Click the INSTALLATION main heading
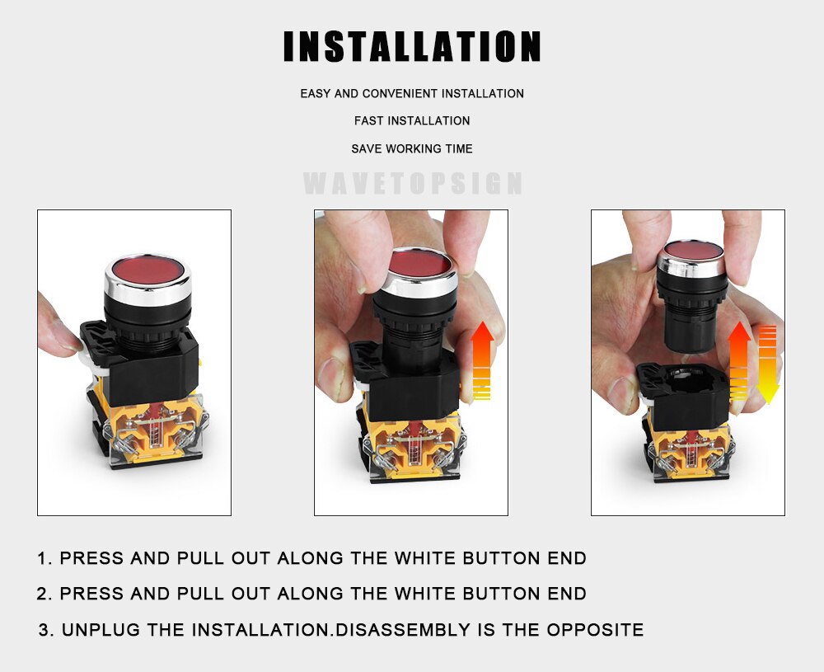(x=412, y=46)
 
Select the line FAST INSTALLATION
(x=412, y=121)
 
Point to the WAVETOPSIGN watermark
(x=413, y=183)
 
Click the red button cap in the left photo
(x=147, y=270)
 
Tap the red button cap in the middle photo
(x=419, y=263)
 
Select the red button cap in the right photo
(x=693, y=251)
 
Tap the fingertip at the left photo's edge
(x=58, y=330)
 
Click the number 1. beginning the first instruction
(x=44, y=558)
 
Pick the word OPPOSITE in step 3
(x=595, y=630)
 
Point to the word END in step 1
(x=567, y=558)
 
